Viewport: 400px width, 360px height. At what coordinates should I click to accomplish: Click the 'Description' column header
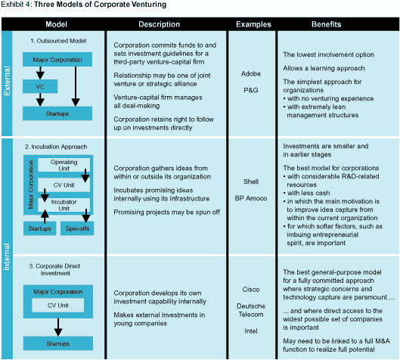160,24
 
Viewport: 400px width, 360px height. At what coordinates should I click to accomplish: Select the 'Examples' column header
253,24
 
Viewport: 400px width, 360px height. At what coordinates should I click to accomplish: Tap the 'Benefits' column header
326,24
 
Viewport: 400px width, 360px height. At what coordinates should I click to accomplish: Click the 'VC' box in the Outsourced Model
40,86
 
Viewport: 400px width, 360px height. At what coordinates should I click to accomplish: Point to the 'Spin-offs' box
77,228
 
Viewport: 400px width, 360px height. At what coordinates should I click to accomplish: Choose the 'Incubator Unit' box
64,205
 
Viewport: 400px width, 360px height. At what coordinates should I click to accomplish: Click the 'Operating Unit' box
64,165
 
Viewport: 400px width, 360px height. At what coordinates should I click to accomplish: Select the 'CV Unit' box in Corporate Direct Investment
58,305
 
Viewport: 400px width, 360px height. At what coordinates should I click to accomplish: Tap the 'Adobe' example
251,73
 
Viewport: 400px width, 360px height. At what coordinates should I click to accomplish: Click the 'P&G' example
251,90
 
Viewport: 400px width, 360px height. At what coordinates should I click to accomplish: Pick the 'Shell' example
251,182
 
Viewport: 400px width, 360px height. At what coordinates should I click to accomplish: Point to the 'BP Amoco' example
251,198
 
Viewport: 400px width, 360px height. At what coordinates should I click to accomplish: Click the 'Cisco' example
251,290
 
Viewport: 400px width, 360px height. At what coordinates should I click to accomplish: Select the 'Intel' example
251,331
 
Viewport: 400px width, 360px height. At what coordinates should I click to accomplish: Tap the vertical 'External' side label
7,81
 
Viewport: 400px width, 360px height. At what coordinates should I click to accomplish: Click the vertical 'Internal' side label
7,256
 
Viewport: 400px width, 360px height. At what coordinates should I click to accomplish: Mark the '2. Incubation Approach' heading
56,147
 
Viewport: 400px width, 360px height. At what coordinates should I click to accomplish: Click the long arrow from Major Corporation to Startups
76,86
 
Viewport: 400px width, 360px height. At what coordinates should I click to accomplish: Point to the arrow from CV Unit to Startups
58,327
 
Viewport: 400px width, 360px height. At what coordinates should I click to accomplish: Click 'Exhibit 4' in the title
17,5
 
